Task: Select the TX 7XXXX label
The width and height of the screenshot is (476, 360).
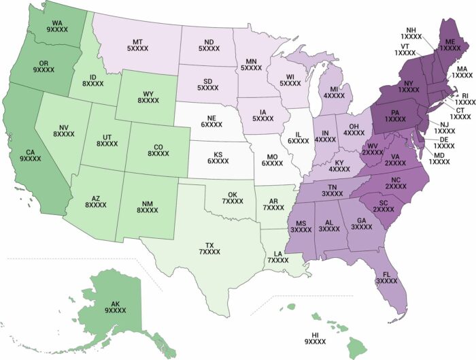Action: pyautogui.click(x=209, y=248)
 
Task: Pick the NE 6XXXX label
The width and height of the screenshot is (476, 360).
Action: pyautogui.click(x=211, y=121)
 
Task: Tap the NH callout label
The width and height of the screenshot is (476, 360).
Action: pyautogui.click(x=410, y=34)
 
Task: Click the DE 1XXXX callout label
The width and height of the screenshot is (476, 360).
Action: pyautogui.click(x=443, y=142)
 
